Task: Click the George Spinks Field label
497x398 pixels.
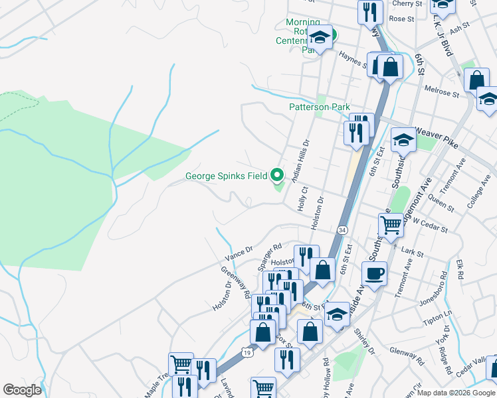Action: (226, 176)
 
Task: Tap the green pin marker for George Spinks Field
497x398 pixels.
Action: (278, 175)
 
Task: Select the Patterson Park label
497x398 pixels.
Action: (319, 107)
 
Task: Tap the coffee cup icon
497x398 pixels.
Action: (374, 273)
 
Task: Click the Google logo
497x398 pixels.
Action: (22, 390)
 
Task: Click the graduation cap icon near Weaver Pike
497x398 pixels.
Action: (403, 140)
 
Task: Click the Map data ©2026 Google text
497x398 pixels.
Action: (456, 393)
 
